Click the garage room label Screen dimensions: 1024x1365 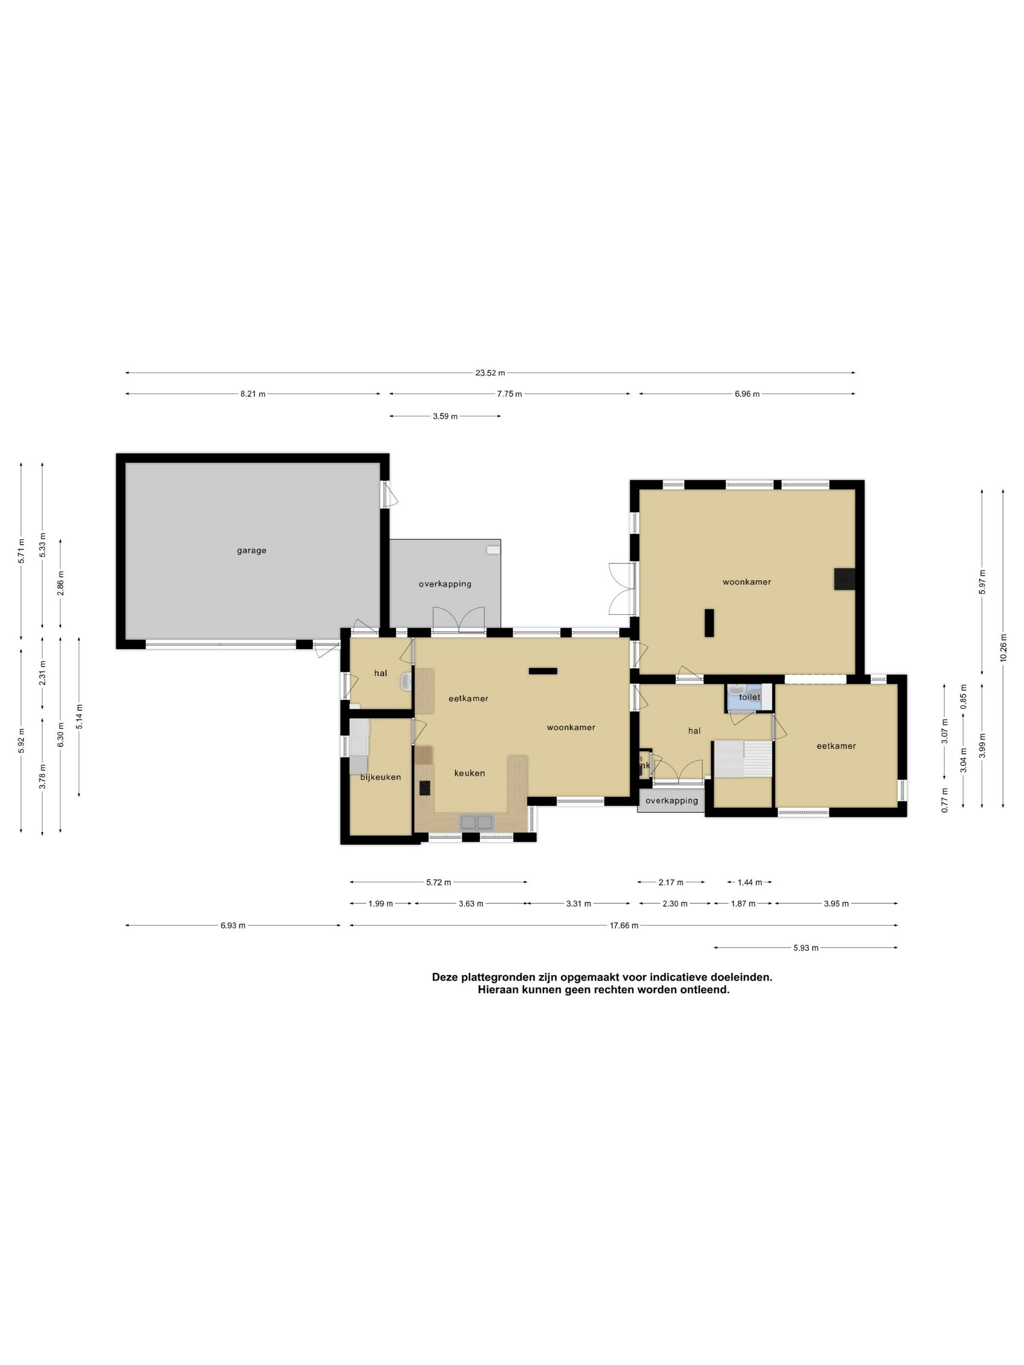click(x=251, y=550)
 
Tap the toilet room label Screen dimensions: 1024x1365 click(x=750, y=697)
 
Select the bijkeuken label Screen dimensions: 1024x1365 click(x=380, y=777)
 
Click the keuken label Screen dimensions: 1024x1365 click(x=470, y=773)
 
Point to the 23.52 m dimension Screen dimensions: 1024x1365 click(x=490, y=373)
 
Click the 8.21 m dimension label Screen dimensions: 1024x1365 click(x=253, y=394)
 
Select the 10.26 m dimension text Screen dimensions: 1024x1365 click(x=1003, y=648)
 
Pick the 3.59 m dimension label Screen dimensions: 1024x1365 click(x=445, y=416)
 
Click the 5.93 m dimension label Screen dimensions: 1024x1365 click(x=806, y=947)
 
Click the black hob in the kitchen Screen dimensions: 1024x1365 click(x=425, y=787)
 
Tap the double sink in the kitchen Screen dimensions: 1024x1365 click(x=476, y=821)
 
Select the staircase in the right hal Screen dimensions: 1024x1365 click(x=743, y=759)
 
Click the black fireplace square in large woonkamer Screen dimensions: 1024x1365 click(x=845, y=579)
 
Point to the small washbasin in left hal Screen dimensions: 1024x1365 click(x=406, y=681)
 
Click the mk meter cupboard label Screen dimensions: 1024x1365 click(x=645, y=766)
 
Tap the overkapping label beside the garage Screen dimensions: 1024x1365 click(x=445, y=584)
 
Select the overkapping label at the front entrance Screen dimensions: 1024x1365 click(x=671, y=800)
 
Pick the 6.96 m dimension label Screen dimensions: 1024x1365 click(x=747, y=394)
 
